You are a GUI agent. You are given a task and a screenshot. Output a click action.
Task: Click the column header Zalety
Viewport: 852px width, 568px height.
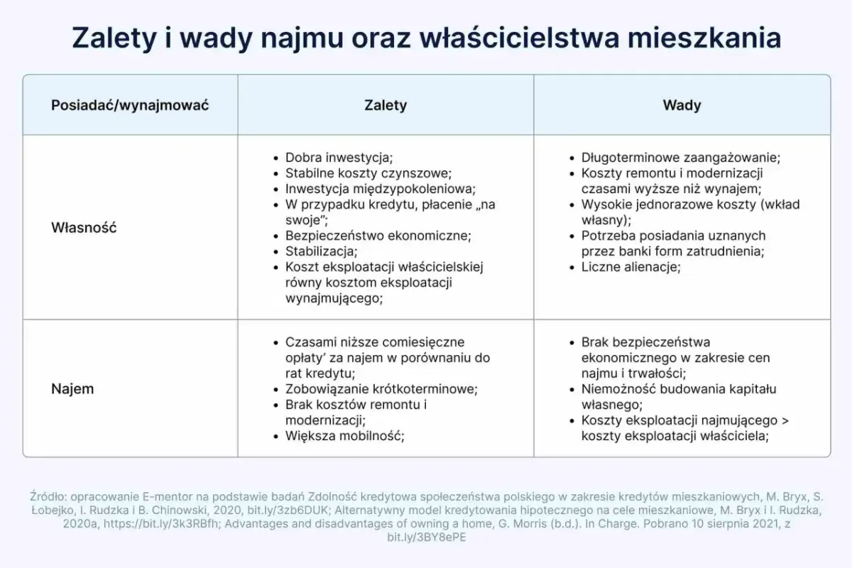click(x=386, y=105)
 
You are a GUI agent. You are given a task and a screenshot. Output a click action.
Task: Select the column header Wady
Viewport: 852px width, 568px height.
click(x=682, y=105)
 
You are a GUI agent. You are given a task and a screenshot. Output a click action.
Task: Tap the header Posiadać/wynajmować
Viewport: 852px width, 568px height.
click(x=130, y=105)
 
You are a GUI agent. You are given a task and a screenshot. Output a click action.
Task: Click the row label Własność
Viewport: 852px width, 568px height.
click(x=84, y=228)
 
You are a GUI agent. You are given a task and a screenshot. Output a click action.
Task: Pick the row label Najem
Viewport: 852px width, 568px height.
click(x=72, y=389)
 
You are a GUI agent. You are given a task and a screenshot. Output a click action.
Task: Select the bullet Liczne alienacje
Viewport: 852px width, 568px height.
click(x=630, y=267)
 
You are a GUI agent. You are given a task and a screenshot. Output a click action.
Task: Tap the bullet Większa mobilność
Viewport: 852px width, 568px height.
click(x=344, y=436)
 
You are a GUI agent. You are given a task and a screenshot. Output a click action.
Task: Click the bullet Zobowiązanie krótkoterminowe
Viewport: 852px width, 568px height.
click(x=381, y=389)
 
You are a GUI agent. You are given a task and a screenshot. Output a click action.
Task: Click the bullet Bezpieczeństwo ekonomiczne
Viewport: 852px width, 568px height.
click(x=378, y=236)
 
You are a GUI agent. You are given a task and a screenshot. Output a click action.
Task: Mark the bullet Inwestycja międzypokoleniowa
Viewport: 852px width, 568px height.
click(x=380, y=189)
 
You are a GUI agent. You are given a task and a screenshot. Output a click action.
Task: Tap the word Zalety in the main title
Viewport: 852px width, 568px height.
click(x=115, y=37)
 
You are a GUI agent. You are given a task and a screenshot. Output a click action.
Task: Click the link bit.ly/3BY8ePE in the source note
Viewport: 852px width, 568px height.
click(x=425, y=537)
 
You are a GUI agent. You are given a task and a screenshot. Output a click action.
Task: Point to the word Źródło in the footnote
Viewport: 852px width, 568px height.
click(x=47, y=497)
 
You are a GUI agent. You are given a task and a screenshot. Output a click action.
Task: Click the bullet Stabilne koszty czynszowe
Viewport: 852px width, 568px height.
click(x=368, y=173)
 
